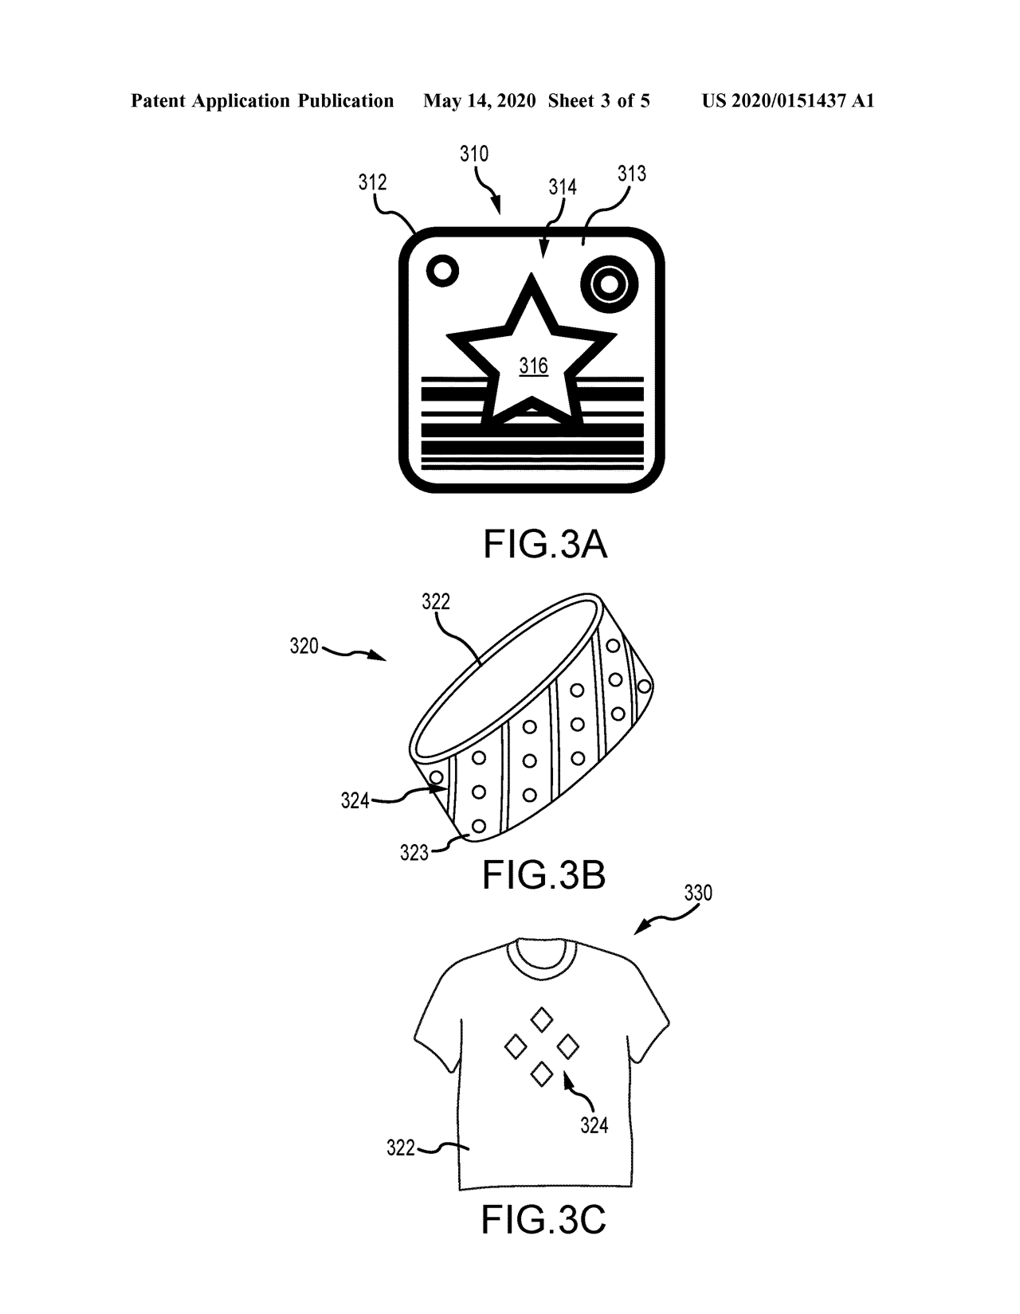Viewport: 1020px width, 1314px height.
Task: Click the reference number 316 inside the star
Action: point(534,366)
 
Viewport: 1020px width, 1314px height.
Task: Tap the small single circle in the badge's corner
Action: point(442,271)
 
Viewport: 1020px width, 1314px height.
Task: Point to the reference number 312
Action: point(373,182)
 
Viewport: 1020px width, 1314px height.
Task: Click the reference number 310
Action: point(473,154)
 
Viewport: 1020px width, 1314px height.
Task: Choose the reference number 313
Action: point(632,174)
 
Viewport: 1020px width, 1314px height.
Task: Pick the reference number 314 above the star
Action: point(563,187)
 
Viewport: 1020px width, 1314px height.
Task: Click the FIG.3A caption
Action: point(544,544)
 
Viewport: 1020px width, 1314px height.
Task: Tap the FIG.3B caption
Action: point(543,875)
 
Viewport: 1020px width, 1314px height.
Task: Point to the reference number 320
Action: point(304,647)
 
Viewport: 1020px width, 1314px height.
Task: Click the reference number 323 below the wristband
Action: point(414,853)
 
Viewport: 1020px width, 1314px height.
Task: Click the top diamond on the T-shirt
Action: point(541,1019)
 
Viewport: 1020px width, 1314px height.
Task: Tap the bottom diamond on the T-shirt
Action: point(541,1074)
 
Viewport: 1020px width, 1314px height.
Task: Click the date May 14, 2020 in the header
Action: point(479,101)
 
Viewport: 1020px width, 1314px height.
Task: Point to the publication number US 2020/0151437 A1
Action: point(787,101)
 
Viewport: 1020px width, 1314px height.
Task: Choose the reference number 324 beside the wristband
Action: point(355,800)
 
